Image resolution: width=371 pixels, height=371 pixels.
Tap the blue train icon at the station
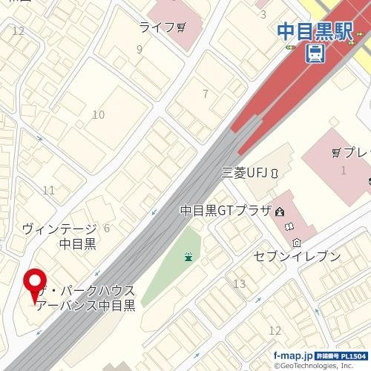click(316, 53)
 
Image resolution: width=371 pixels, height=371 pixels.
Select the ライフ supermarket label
click(157, 27)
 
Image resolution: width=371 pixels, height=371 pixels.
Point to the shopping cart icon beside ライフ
click(181, 27)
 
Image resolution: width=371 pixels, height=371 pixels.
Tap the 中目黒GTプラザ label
click(226, 211)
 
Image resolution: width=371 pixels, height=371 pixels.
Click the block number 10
click(98, 114)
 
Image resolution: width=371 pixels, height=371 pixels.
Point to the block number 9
click(139, 50)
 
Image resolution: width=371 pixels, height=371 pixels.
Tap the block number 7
click(206, 93)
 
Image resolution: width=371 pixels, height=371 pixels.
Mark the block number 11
click(49, 191)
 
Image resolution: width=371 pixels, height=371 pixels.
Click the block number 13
click(239, 284)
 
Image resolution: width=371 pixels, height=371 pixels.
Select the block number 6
click(107, 229)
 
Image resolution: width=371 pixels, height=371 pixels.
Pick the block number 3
click(263, 13)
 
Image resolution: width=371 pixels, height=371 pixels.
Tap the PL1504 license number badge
click(341, 356)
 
